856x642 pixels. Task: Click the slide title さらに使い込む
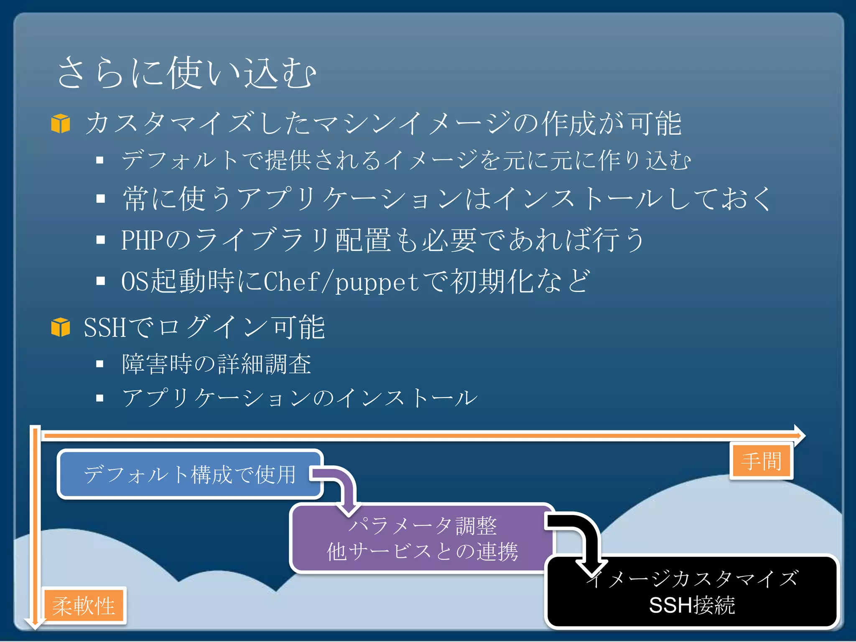point(186,73)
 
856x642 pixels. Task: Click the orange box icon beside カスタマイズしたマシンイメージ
point(61,124)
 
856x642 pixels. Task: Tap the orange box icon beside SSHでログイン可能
point(61,327)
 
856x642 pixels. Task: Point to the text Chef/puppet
point(341,281)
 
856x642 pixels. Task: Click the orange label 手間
point(761,461)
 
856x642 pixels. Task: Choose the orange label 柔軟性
point(84,606)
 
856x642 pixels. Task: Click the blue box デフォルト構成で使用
point(190,474)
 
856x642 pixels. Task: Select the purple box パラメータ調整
point(422,538)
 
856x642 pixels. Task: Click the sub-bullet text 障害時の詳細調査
point(217,364)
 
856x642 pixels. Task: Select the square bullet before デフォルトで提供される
point(100,160)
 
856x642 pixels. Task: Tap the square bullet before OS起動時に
point(100,281)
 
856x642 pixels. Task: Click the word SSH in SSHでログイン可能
point(104,327)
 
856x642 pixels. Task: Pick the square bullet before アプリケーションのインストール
point(100,398)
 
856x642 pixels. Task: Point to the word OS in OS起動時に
point(135,281)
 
